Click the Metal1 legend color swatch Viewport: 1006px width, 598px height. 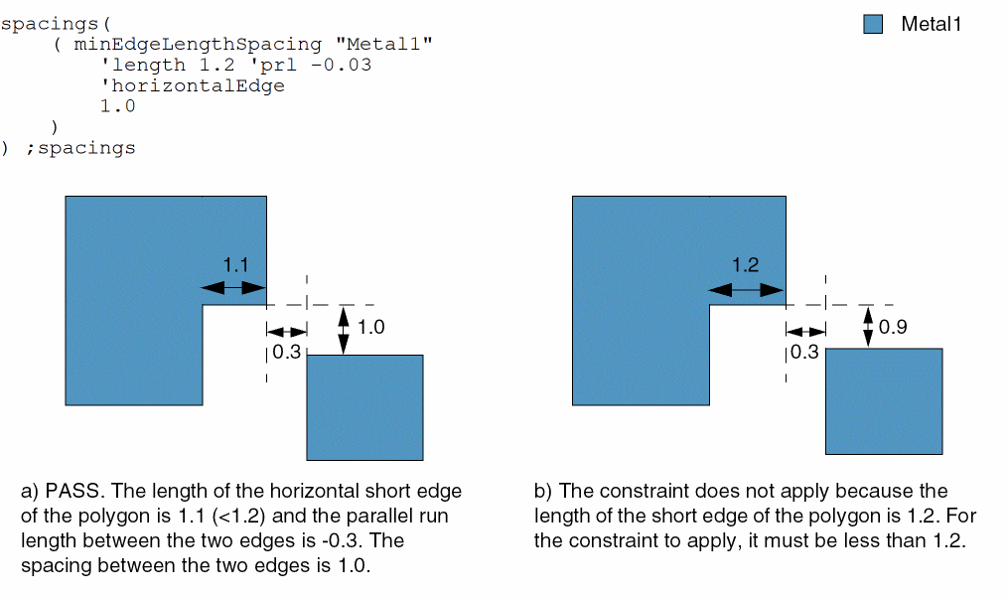coord(873,25)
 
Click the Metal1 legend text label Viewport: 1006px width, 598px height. coord(931,25)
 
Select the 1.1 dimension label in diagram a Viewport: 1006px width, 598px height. coord(235,265)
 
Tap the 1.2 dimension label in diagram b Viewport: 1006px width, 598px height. coord(746,265)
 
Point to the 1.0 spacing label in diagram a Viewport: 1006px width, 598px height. coord(370,327)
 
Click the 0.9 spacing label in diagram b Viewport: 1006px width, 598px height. coord(893,327)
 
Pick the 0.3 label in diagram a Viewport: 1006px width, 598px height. coord(286,353)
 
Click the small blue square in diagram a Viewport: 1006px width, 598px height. coord(364,407)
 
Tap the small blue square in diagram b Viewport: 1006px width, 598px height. coord(884,400)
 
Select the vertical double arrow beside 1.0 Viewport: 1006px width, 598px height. coord(344,329)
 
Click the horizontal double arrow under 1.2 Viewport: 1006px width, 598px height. coord(746,289)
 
